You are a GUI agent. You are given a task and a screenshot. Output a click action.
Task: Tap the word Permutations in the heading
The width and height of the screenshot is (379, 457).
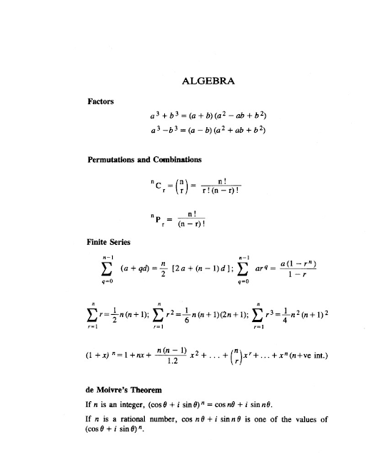[x=114, y=159]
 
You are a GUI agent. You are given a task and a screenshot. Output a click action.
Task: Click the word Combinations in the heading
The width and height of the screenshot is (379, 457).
[x=176, y=159]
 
